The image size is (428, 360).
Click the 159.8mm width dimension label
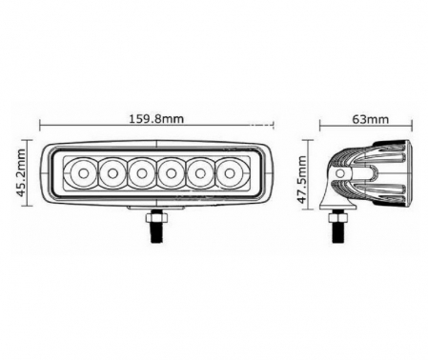coord(156,119)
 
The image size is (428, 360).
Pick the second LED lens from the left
coord(112,173)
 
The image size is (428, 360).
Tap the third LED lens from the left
coord(142,173)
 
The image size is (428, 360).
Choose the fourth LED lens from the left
coord(172,173)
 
